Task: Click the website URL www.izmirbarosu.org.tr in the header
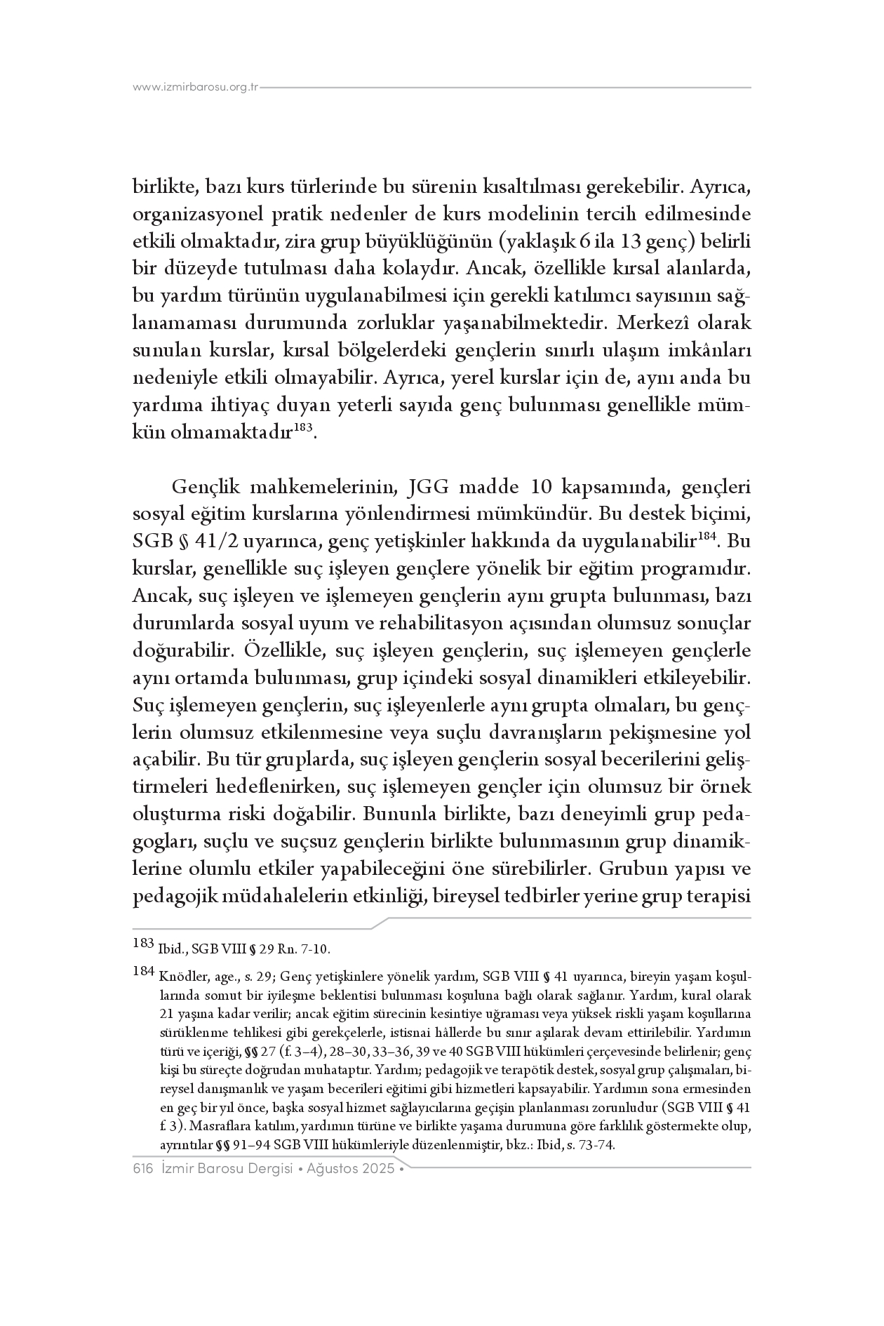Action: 196,88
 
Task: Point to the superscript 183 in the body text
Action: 302,427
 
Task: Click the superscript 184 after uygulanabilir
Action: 709,538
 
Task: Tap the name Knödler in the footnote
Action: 182,977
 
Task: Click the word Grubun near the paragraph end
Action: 630,869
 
